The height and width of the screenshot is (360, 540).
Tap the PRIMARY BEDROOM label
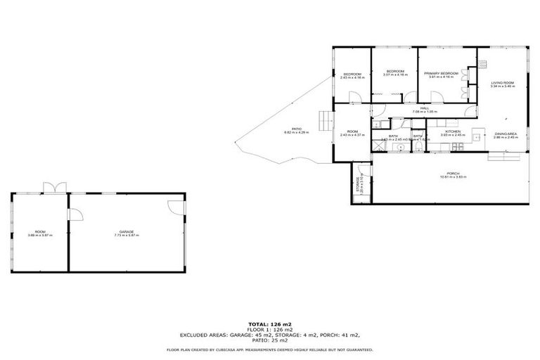point(442,73)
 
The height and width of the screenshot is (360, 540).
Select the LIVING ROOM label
point(503,83)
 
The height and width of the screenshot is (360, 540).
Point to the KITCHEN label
point(452,131)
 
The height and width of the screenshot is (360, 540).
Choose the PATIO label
point(297,129)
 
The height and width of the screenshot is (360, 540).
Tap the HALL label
point(425,108)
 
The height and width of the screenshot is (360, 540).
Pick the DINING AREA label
point(506,134)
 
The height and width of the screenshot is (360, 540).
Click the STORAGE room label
point(357,186)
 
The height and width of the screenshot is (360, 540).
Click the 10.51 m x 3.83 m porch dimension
point(452,177)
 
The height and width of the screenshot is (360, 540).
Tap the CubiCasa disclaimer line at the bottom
point(270,349)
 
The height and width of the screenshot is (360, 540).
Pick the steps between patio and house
point(323,122)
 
